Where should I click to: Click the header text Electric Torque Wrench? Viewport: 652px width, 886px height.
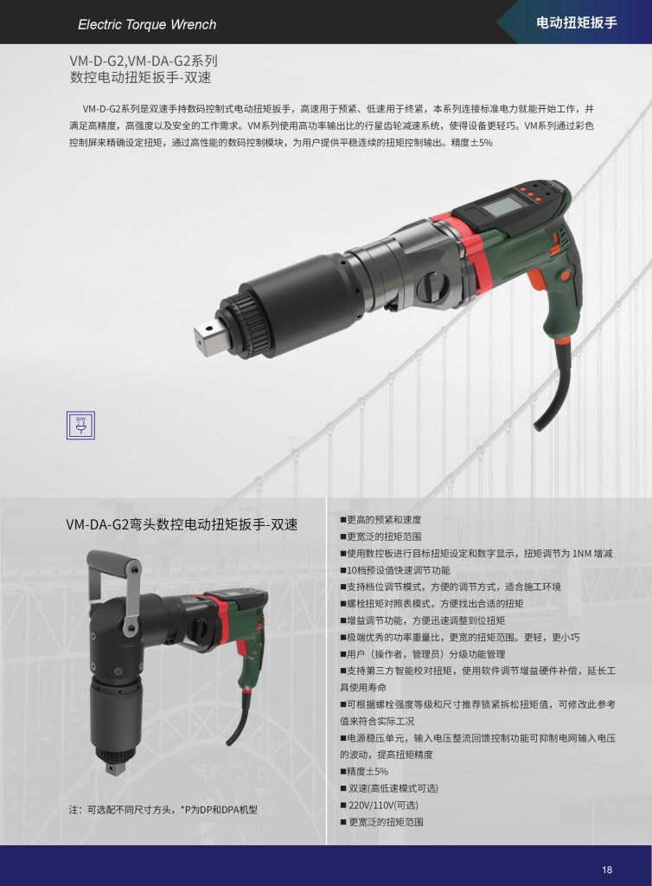coord(147,24)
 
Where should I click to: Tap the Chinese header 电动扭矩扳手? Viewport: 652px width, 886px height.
coord(577,22)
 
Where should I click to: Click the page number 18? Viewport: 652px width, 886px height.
coord(607,870)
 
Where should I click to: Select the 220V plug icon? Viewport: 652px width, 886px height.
coord(80,426)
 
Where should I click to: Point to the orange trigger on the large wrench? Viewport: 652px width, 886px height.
coord(537,281)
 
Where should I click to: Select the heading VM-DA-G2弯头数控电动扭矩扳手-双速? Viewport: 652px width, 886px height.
coord(182,524)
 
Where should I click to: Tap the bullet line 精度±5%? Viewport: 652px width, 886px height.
coord(364,772)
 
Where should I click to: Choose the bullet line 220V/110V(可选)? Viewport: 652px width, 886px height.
coord(380,806)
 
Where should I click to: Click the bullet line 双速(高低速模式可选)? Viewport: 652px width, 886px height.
coord(389,788)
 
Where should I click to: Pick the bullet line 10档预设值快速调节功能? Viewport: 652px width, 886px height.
coord(395,570)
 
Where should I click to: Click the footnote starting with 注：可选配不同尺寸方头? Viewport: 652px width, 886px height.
coord(163,810)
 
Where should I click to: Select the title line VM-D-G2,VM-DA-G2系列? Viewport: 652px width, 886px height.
coord(144,61)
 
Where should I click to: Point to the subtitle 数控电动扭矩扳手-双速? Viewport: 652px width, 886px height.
coord(141,77)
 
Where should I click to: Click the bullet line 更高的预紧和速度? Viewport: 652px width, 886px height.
coord(380,520)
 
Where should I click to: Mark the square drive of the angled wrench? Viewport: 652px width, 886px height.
coord(115,768)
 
